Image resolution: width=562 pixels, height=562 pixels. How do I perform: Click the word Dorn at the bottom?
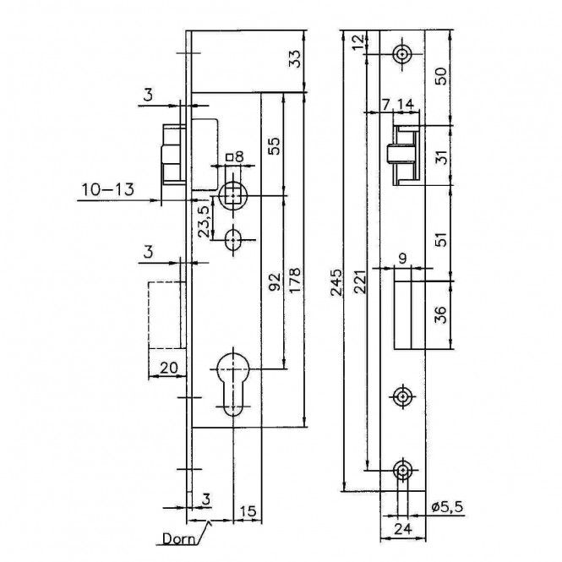[178, 538]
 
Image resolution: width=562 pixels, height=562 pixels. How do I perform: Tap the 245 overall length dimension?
[336, 282]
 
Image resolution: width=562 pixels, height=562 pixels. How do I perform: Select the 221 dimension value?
[361, 282]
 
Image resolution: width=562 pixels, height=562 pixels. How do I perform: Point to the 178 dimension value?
[295, 281]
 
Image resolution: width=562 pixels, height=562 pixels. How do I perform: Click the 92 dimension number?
[274, 282]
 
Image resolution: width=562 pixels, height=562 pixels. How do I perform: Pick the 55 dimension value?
[274, 145]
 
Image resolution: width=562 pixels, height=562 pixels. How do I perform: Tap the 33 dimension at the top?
[295, 58]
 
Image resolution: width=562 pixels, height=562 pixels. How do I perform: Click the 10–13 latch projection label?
[108, 189]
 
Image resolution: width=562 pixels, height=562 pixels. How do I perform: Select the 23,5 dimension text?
[205, 222]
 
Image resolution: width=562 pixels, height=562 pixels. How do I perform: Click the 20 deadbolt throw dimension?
[168, 368]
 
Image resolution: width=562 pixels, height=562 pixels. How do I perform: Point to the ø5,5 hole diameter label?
[447, 507]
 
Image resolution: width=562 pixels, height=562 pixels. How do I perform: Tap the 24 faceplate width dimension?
[403, 529]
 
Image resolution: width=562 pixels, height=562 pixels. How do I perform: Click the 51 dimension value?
[442, 239]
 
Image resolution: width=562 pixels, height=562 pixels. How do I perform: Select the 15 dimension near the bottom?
[248, 511]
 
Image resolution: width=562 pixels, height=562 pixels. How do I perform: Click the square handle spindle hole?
[233, 195]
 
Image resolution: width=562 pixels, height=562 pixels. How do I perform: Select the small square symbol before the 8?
[230, 158]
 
